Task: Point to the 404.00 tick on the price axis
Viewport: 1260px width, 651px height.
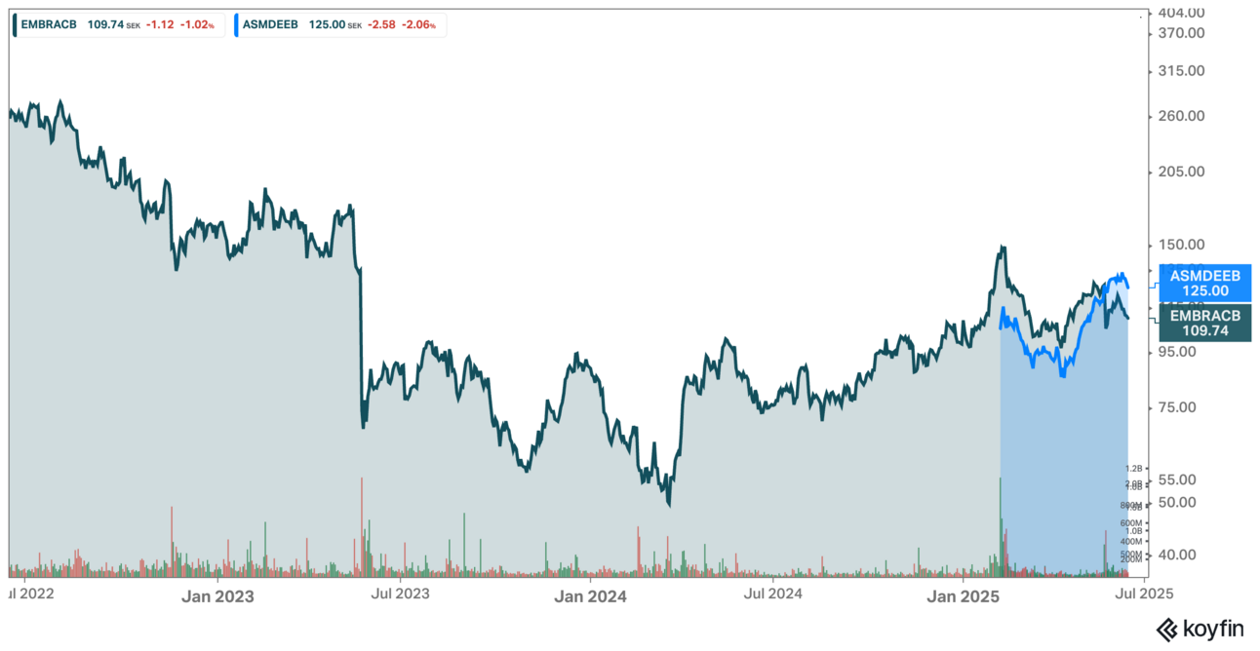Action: pyautogui.click(x=1180, y=13)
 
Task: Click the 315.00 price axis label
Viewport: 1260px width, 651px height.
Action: pyautogui.click(x=1180, y=71)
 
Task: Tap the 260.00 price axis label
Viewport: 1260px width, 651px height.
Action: pyautogui.click(x=1180, y=116)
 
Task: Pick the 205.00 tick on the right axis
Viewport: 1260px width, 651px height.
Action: pyautogui.click(x=1180, y=172)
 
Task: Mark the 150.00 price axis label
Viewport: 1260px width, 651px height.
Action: pyautogui.click(x=1180, y=245)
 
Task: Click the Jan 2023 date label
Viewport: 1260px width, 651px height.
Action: pyautogui.click(x=217, y=595)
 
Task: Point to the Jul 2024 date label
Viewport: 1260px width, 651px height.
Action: pyautogui.click(x=772, y=592)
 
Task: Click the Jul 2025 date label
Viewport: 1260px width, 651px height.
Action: pyautogui.click(x=1146, y=592)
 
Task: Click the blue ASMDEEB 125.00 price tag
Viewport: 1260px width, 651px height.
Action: pyautogui.click(x=1205, y=284)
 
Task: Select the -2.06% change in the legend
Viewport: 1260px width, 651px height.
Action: pyautogui.click(x=420, y=24)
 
